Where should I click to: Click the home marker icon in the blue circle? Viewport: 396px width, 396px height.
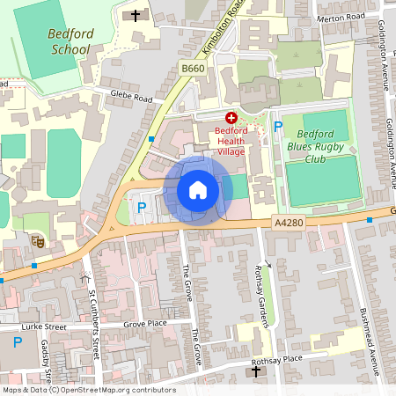click(x=197, y=189)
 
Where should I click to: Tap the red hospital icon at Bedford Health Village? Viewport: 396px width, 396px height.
click(x=231, y=117)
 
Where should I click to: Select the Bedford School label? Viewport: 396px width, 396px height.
click(x=64, y=41)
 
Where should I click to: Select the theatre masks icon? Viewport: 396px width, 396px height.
click(x=37, y=239)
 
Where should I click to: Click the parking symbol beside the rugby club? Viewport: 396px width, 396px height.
click(x=277, y=127)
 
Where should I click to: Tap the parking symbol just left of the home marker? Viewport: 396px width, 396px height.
click(x=142, y=208)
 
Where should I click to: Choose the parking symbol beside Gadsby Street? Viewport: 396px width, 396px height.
click(x=17, y=341)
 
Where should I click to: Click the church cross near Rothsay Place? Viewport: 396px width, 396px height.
click(x=256, y=372)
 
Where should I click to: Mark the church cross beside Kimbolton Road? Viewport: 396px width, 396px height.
click(x=136, y=15)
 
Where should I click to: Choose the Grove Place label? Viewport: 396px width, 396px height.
click(x=145, y=324)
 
